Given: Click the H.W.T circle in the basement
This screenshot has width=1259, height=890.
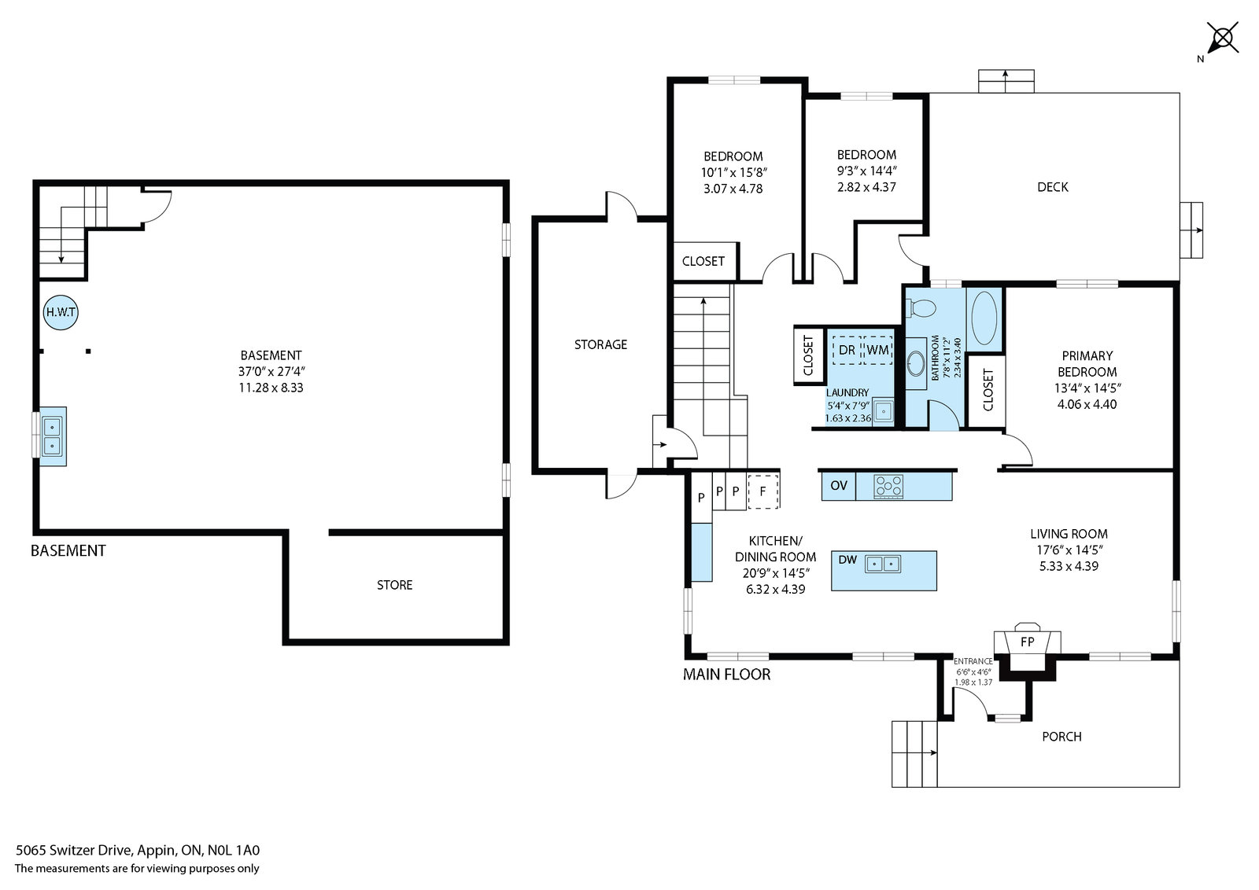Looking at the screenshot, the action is pos(61,312).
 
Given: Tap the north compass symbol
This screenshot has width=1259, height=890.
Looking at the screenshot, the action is pos(1222,39).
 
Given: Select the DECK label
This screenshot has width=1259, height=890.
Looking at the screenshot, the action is pos(1053,187).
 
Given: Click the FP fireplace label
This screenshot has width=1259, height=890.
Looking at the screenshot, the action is pos(1027,642).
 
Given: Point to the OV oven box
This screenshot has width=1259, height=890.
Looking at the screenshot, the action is pos(839,486).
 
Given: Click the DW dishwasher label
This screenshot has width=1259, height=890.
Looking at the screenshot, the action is pos(847,560).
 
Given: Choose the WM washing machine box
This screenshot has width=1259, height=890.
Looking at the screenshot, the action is pos(877,351).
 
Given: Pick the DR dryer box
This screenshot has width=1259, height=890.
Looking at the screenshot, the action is pos(847,351).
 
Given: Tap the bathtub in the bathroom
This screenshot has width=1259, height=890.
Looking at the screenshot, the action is pos(984,318).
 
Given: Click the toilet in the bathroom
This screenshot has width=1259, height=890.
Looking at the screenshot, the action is pos(921,307).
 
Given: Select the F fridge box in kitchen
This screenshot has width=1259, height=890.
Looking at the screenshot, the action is pos(763,491).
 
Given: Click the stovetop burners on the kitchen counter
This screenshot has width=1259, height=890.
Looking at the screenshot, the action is pos(888,486).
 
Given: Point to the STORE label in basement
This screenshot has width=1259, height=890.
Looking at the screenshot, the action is pos(394,585).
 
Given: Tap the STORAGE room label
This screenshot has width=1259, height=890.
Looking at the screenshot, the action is pos(600,345).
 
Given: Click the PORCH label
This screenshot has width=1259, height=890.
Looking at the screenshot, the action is pos(1061,737).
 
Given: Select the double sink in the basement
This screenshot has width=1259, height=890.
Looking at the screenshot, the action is pos(52,436).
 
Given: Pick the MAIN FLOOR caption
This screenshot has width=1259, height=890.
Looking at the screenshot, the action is pos(727,675).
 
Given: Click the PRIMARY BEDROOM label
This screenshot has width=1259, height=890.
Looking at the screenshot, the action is pos(1087,364).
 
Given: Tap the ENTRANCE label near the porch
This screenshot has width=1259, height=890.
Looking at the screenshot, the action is pos(973,661).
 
